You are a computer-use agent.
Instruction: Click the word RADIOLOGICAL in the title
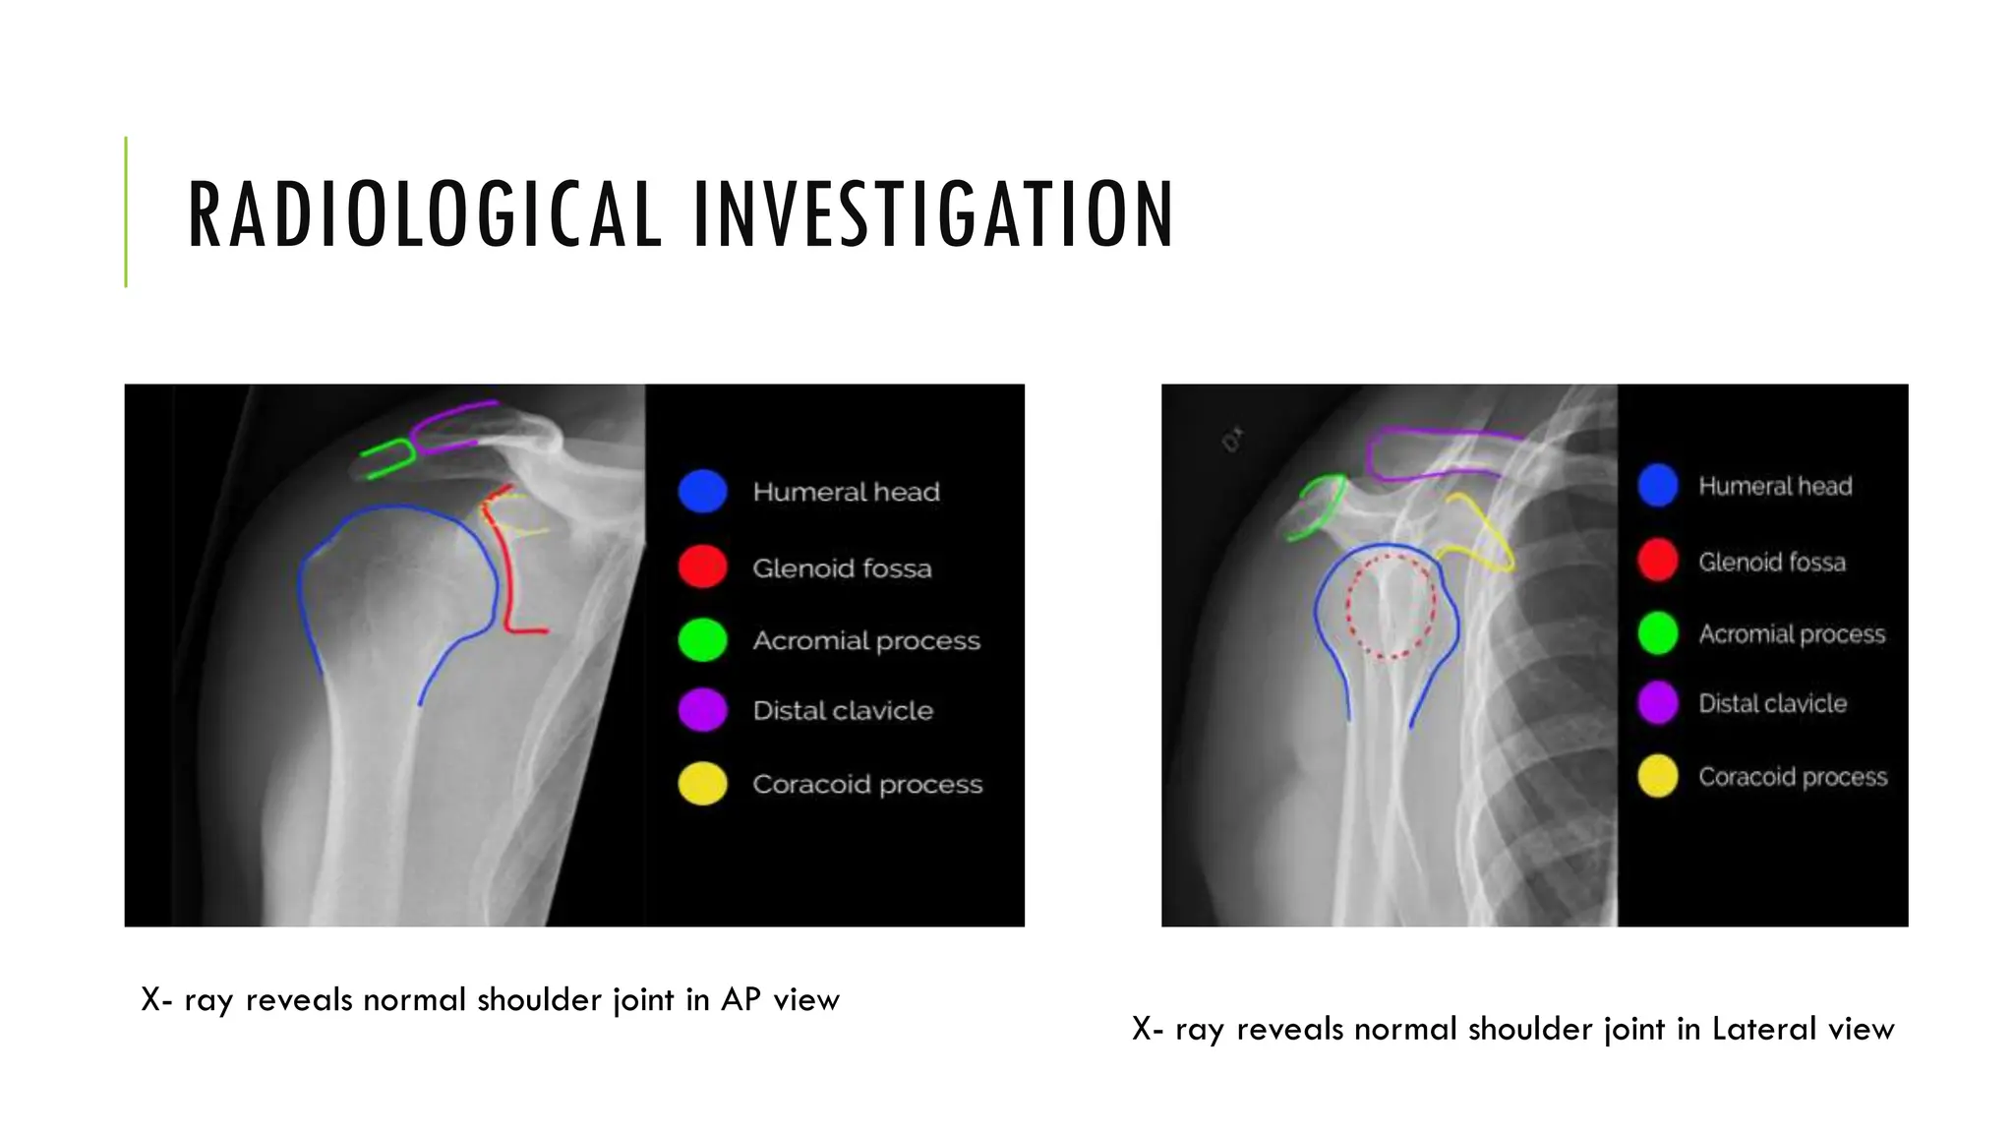click(x=425, y=213)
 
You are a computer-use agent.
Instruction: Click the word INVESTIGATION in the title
click(x=933, y=213)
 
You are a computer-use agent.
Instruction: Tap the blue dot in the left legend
click(x=702, y=491)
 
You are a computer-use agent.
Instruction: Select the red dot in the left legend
click(x=702, y=566)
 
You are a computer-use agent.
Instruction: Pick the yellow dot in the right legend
click(x=1658, y=776)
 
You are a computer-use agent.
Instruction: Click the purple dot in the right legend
click(x=1658, y=703)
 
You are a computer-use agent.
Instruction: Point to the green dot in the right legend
click(x=1658, y=632)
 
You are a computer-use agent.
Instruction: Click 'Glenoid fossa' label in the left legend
click(x=842, y=568)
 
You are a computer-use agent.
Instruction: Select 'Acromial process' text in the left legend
click(x=866, y=641)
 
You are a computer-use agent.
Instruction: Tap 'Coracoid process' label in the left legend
click(x=867, y=785)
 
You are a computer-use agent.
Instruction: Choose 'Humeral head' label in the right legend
click(x=1775, y=486)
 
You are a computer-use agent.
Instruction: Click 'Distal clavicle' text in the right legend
click(x=1772, y=704)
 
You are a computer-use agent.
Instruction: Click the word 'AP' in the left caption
click(x=740, y=1000)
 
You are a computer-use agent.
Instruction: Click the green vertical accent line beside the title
click(x=126, y=211)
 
